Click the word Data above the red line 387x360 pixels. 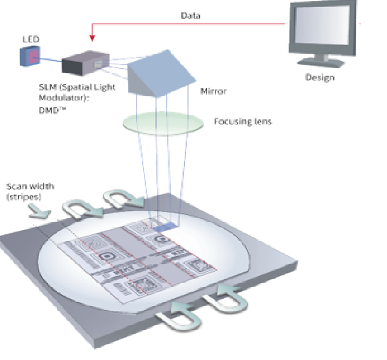[190, 15]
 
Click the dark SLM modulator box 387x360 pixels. [83, 63]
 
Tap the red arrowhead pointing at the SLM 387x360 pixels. [91, 37]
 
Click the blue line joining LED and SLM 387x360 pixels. [50, 59]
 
